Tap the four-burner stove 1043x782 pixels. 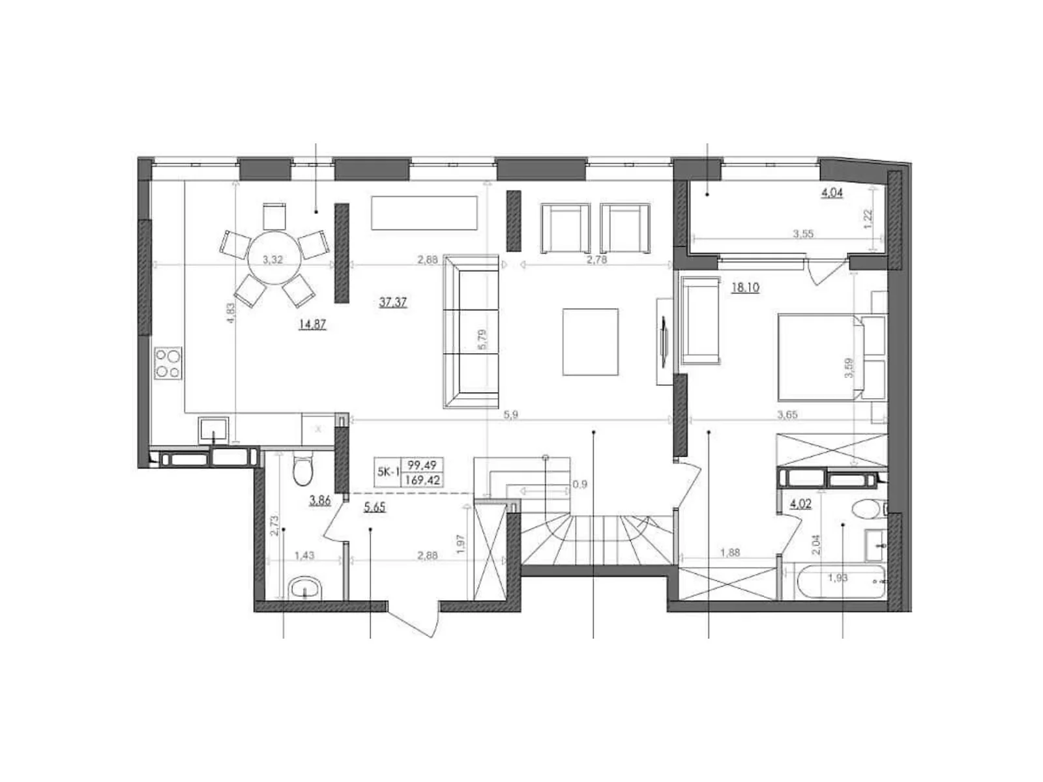click(168, 364)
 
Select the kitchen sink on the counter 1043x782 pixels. click(213, 429)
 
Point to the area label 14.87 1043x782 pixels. click(312, 324)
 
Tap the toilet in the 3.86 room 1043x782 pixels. click(303, 471)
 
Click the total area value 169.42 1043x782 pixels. click(423, 480)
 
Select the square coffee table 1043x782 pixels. click(590, 341)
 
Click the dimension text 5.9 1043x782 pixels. click(510, 414)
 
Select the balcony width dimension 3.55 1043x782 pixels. click(802, 234)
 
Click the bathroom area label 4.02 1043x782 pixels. click(800, 503)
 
